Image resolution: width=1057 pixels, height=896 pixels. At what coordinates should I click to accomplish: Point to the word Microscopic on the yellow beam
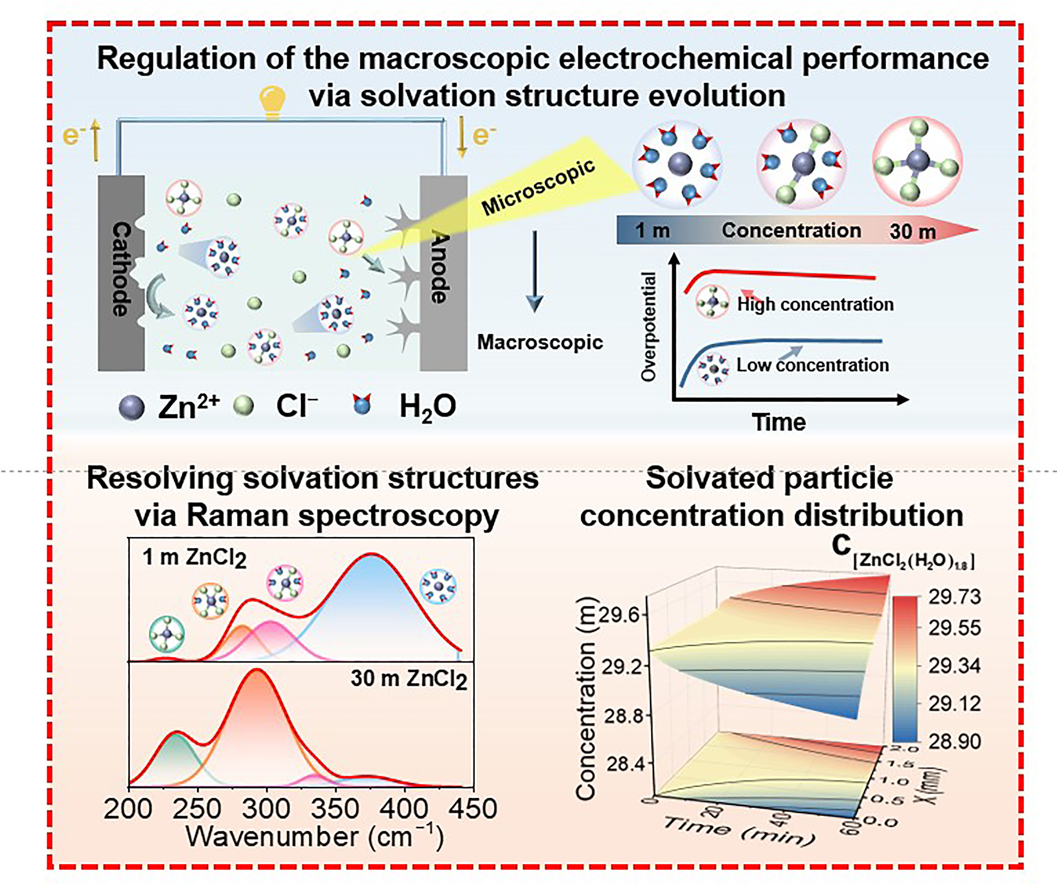click(x=538, y=187)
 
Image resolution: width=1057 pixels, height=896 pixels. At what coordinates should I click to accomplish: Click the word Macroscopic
click(x=540, y=342)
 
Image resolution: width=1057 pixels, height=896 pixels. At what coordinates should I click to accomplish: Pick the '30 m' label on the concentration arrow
click(x=912, y=232)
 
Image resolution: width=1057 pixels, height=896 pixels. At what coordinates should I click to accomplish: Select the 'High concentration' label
click(x=815, y=304)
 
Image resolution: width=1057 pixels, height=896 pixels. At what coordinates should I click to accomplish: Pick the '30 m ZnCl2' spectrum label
click(x=409, y=679)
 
